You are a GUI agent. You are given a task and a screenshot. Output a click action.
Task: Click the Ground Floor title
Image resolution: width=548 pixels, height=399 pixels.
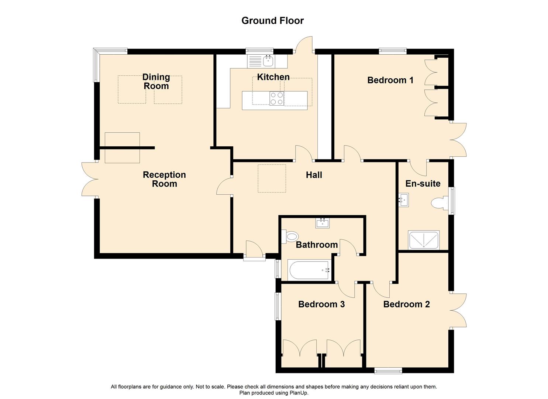(x=272, y=21)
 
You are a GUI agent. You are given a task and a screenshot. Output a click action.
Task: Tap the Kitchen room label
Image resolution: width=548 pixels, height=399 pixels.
(x=273, y=77)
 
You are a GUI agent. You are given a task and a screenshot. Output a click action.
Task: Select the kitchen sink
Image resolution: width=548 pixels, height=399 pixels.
(x=268, y=61)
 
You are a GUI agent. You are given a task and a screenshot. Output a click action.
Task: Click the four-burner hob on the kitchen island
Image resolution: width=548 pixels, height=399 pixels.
(x=276, y=98)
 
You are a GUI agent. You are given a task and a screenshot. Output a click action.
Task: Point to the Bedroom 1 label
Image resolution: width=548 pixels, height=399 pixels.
(x=390, y=80)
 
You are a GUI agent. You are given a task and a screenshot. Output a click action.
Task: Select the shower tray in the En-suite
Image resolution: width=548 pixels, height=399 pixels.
(x=424, y=240)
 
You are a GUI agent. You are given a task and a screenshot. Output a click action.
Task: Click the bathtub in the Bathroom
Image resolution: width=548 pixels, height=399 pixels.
(x=309, y=270)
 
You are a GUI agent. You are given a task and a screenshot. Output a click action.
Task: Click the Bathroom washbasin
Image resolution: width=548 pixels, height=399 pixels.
(x=323, y=223)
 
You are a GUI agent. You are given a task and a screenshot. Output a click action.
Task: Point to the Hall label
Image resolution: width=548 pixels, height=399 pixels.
(x=314, y=175)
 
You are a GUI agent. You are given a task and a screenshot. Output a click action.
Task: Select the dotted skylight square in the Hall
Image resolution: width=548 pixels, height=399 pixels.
(x=272, y=178)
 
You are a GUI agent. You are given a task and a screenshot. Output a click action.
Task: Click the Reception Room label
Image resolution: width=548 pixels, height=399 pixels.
(x=164, y=179)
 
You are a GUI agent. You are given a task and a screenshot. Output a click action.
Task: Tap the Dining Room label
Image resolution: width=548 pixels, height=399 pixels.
(x=156, y=82)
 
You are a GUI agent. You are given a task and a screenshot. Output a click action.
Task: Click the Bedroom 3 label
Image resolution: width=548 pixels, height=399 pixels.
(x=321, y=304)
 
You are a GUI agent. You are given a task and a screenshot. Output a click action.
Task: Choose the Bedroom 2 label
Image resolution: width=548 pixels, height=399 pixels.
(x=406, y=304)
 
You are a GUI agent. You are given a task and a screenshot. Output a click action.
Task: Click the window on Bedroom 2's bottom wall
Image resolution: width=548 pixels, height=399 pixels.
(x=388, y=371)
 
